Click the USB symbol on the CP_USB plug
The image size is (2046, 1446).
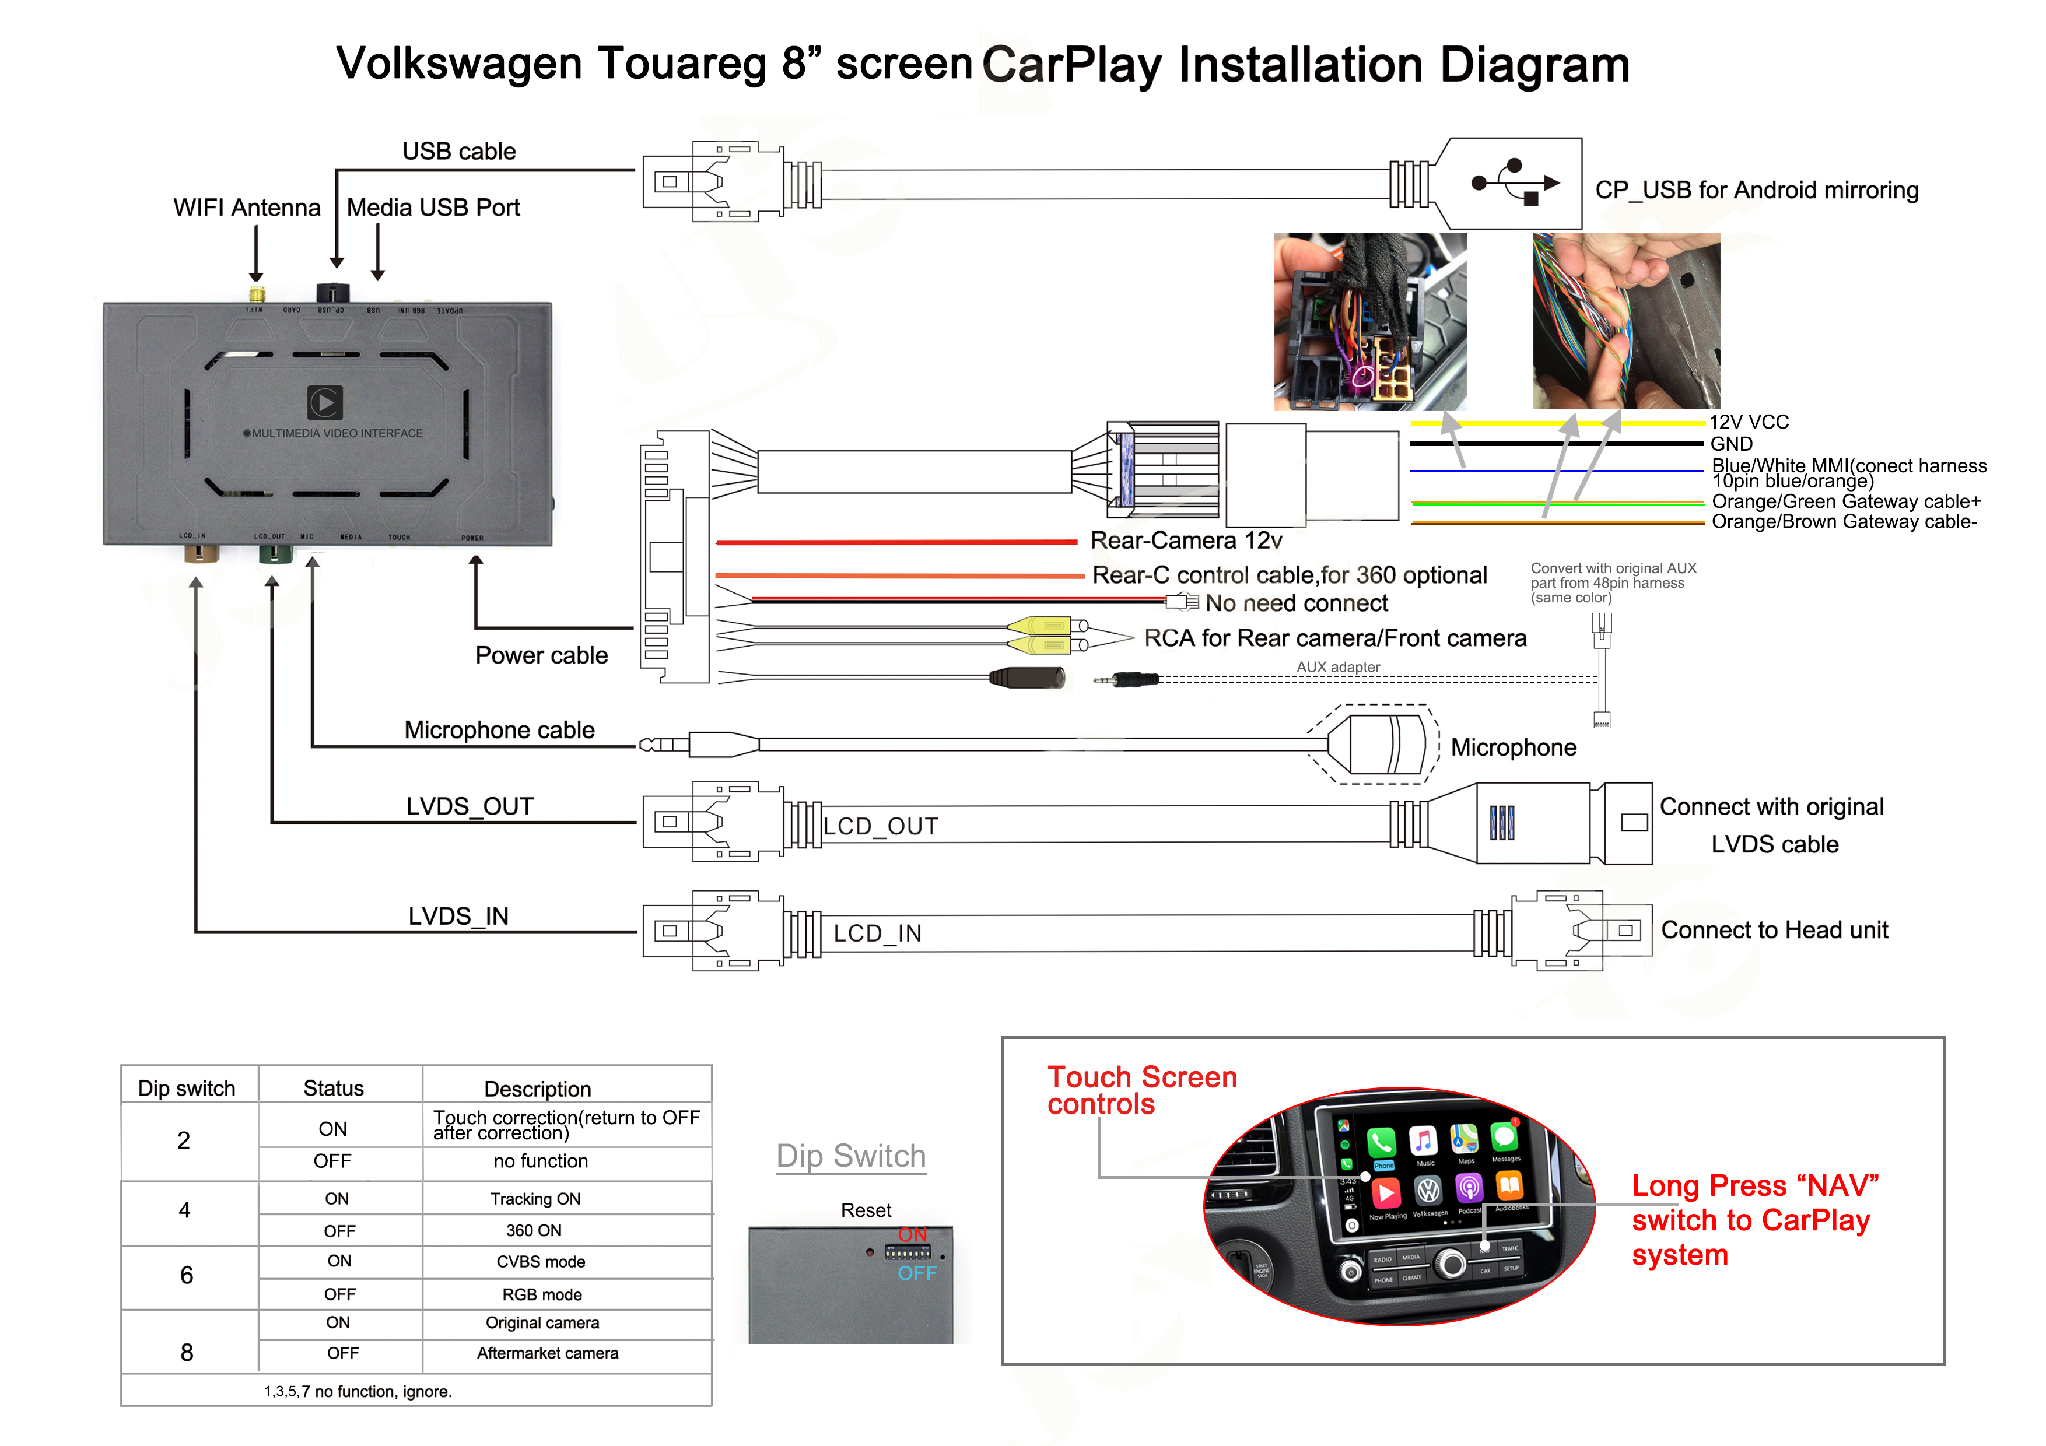click(1514, 182)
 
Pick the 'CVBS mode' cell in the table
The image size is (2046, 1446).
click(541, 1262)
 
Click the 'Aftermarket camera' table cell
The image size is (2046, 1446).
click(547, 1353)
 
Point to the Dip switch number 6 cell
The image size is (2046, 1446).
click(186, 1276)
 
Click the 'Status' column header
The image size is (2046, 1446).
click(333, 1088)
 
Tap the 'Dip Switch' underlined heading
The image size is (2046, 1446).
click(851, 1156)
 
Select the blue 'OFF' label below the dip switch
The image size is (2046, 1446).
click(917, 1274)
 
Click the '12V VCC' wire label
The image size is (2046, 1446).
click(1749, 422)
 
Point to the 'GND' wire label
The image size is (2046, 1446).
click(1730, 444)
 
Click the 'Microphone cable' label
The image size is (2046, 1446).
click(499, 729)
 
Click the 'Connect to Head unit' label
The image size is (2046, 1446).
click(1774, 930)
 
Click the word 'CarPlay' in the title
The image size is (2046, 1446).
click(1072, 65)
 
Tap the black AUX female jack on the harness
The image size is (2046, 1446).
click(1028, 678)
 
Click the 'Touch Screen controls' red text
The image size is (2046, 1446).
click(1141, 1090)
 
